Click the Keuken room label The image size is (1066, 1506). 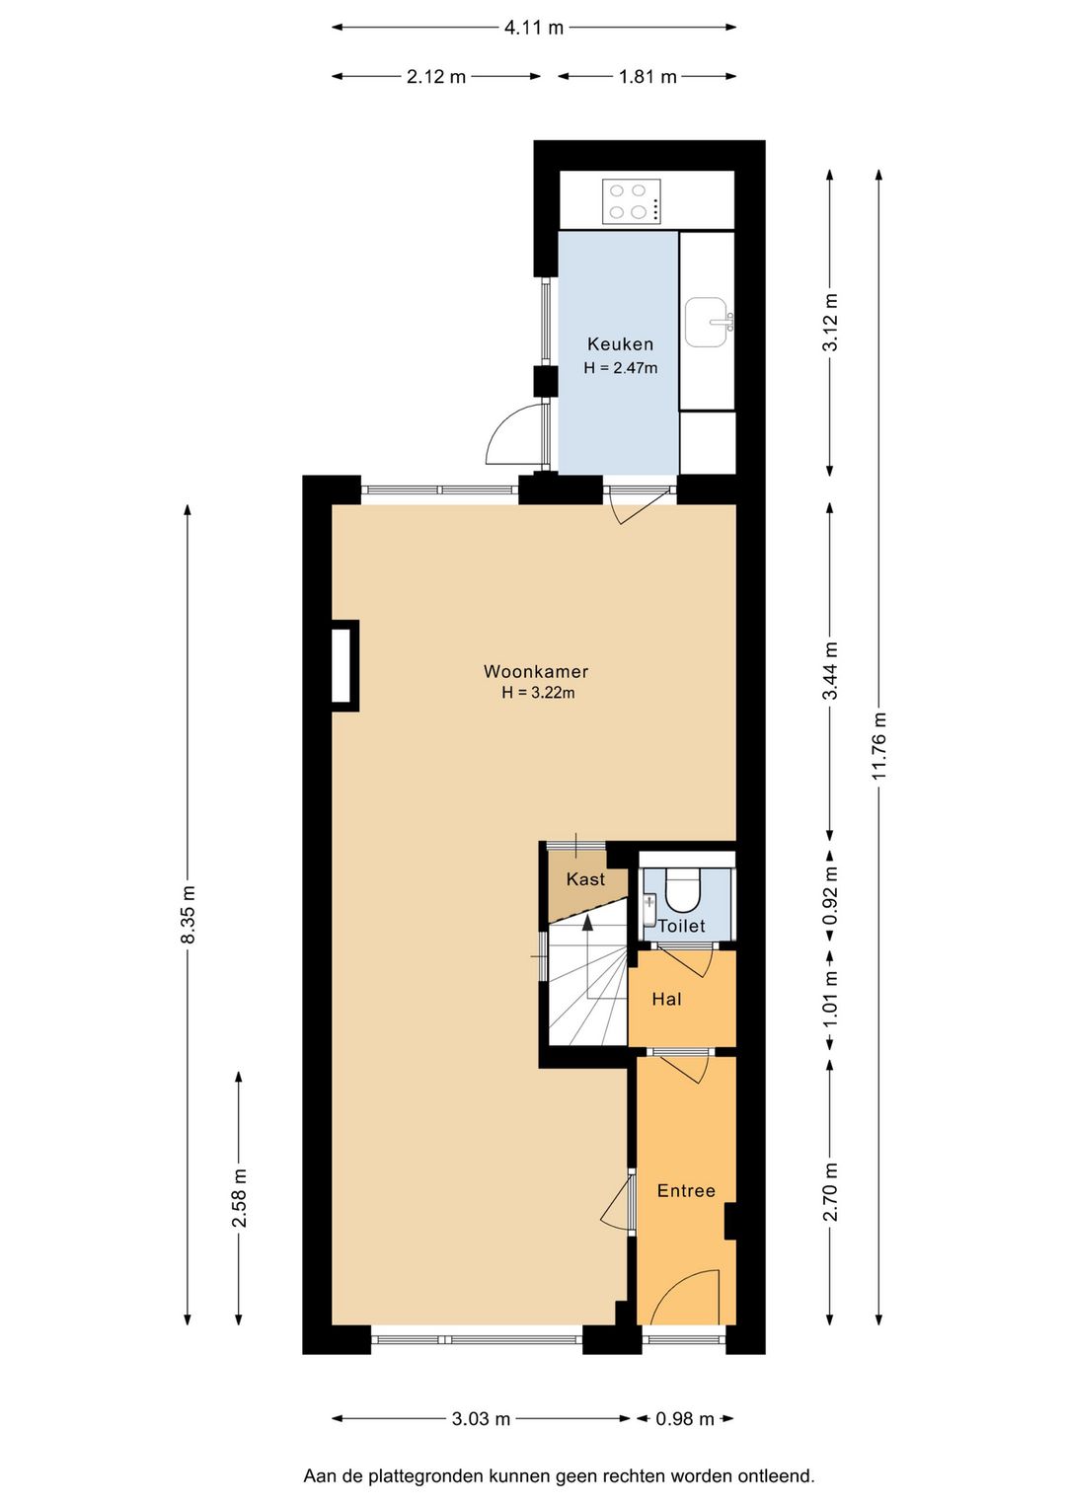coord(620,344)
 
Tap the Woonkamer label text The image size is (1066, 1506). coord(536,671)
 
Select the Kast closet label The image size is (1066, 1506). coord(585,878)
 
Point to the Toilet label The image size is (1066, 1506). coord(681,926)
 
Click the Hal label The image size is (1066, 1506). coord(666,999)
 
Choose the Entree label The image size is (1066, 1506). coord(686,1190)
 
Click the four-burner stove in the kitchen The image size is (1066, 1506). coord(632,201)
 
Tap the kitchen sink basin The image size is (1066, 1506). coord(706,322)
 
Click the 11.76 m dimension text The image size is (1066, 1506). coord(879,744)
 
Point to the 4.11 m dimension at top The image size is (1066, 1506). coord(533,28)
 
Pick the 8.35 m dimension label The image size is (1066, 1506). coord(189,914)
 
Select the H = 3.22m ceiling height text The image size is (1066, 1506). coord(538,693)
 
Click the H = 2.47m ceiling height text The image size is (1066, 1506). coord(620,368)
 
